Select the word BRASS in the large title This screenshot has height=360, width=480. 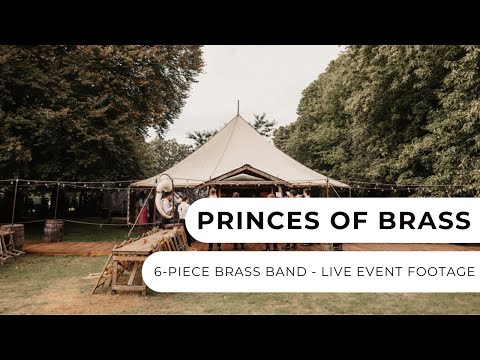coord(421,220)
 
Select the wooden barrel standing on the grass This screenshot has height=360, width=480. coord(53,230)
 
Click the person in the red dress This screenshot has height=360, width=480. coord(144,213)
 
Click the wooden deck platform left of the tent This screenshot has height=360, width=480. coord(70,247)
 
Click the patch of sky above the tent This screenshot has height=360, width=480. coord(260,80)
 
